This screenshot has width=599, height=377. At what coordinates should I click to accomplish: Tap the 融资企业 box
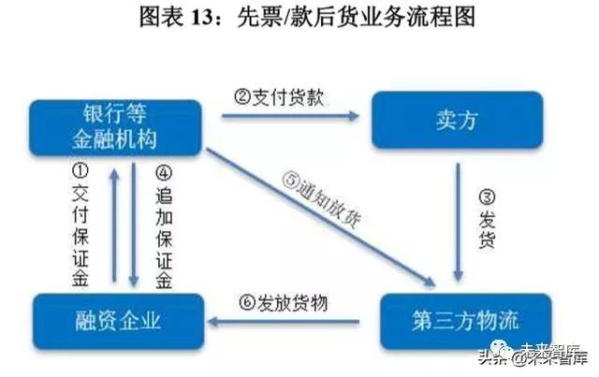point(117,320)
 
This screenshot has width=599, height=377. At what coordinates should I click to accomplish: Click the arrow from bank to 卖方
point(290,116)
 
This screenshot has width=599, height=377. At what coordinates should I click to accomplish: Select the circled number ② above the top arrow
point(240,96)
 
